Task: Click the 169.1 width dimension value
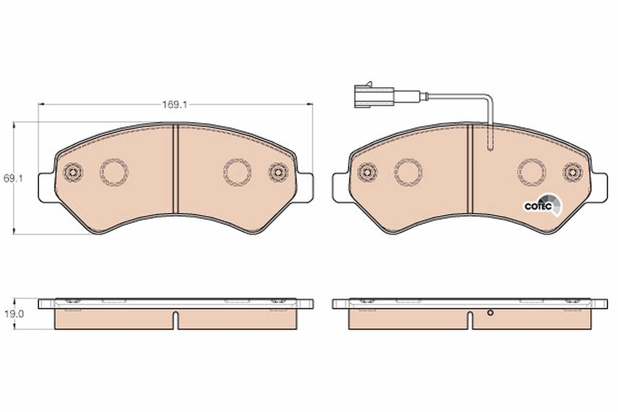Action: coord(175,105)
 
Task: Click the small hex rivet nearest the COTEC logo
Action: coord(572,172)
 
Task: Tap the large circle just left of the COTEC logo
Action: coord(531,172)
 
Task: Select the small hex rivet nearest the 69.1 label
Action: coord(73,172)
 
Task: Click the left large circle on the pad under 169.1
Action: coord(114,172)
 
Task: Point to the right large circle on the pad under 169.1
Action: coord(237,172)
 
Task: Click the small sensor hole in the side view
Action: coord(490,312)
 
